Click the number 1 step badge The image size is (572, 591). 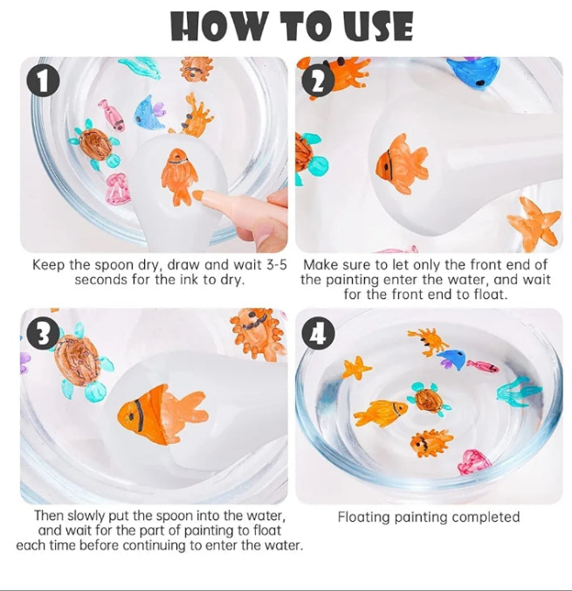click(x=44, y=81)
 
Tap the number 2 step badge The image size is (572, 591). click(x=319, y=80)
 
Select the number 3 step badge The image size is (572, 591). click(x=44, y=333)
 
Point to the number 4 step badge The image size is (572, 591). click(x=319, y=333)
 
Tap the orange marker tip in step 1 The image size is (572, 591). click(x=197, y=195)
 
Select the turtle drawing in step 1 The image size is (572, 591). click(x=94, y=144)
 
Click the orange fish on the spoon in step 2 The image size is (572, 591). click(x=401, y=163)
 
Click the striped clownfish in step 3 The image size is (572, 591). click(x=162, y=414)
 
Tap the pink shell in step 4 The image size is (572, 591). click(x=473, y=462)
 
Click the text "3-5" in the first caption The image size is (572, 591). click(x=277, y=265)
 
